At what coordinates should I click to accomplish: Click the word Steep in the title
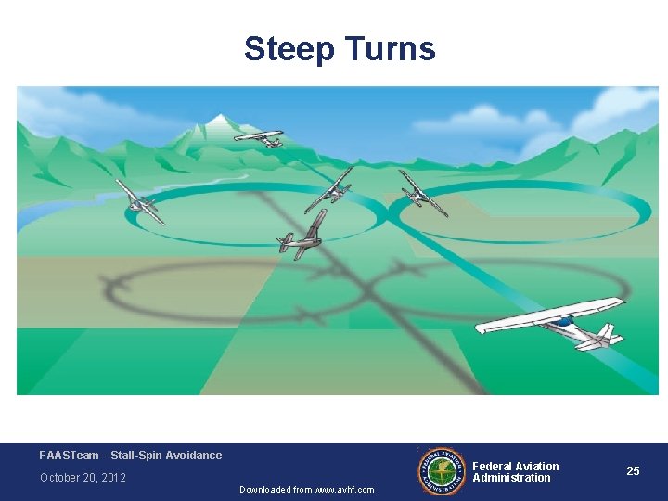point(284,49)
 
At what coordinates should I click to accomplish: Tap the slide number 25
point(633,471)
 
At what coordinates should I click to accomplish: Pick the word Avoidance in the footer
point(196,456)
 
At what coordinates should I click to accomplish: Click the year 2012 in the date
point(114,478)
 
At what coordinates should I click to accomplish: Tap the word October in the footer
point(60,478)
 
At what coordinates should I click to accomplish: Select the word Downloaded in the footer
point(264,490)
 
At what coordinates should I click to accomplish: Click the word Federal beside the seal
point(493,467)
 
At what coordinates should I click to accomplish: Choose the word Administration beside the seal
point(511,478)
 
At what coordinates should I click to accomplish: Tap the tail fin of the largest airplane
point(608,331)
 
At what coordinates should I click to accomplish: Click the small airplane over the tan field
point(422,192)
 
